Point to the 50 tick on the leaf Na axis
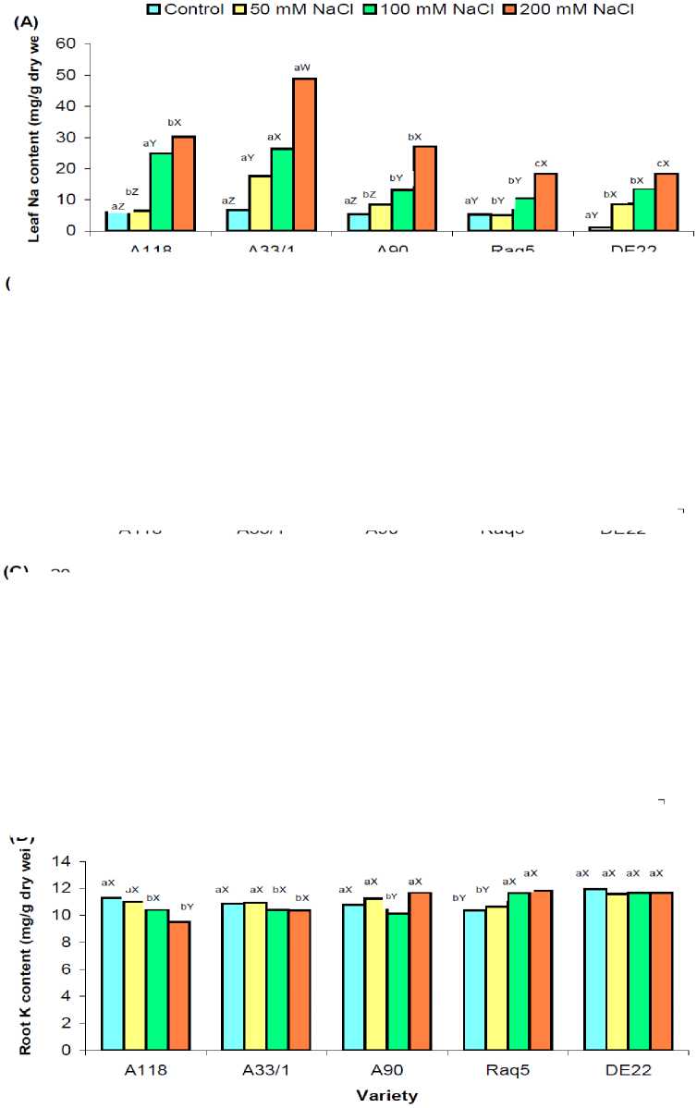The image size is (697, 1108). pos(64,75)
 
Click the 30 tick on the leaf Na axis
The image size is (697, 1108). pos(64,138)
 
